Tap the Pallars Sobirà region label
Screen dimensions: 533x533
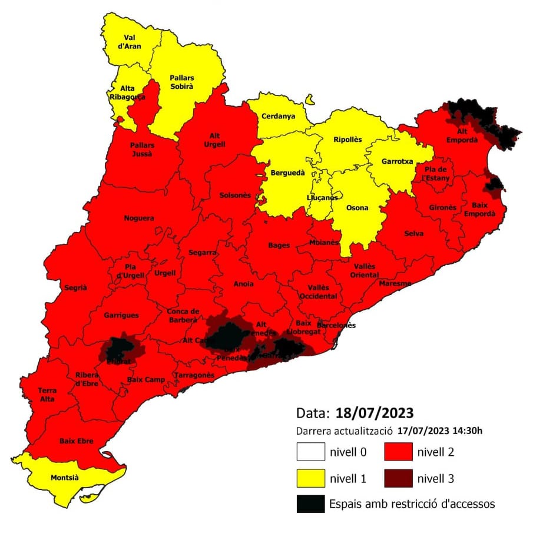(182, 82)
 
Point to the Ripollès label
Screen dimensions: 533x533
(347, 140)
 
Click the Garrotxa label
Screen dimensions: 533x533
(398, 161)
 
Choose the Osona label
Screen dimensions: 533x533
(357, 208)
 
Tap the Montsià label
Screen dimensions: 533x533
(65, 478)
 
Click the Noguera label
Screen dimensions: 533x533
(139, 219)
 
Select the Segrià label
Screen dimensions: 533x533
(76, 287)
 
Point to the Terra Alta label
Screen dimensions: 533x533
(48, 395)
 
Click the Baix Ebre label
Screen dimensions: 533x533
(76, 440)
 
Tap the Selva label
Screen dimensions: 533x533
(413, 233)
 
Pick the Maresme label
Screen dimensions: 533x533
(392, 283)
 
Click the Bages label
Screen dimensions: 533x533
(279, 245)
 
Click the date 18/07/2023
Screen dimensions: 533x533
(375, 412)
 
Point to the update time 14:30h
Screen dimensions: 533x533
(469, 431)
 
